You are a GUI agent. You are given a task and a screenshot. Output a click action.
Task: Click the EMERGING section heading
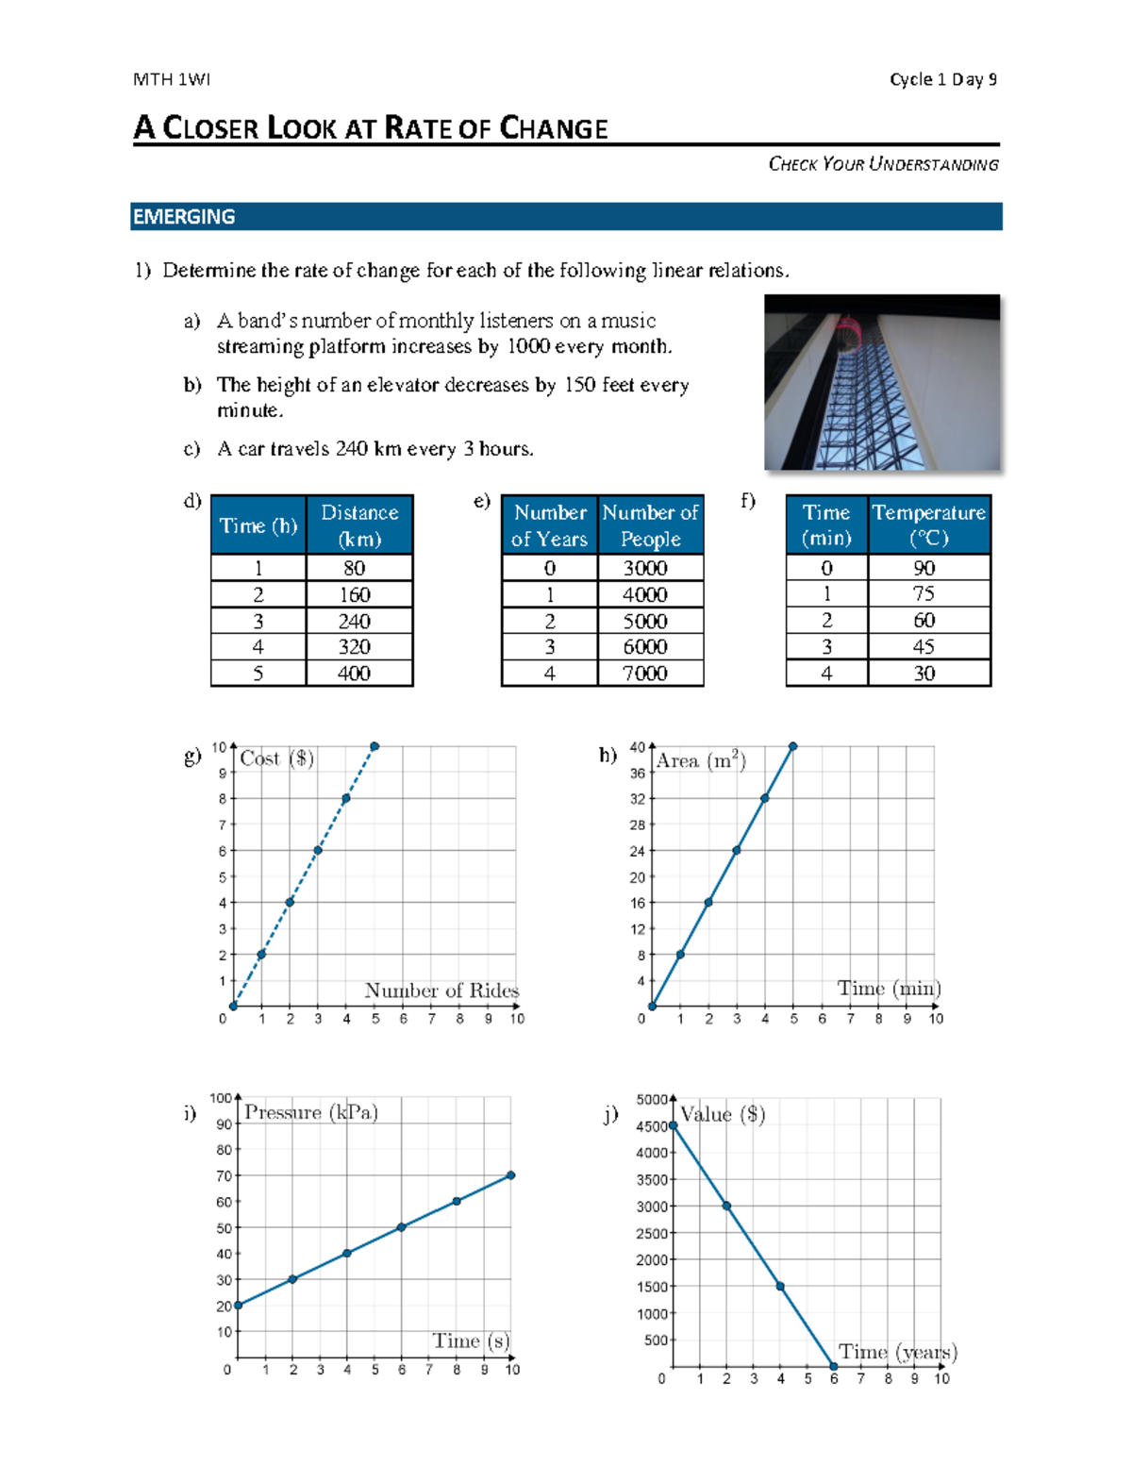(184, 217)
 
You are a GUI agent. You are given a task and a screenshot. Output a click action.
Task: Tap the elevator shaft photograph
(881, 382)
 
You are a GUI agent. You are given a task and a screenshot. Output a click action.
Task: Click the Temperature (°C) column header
(928, 524)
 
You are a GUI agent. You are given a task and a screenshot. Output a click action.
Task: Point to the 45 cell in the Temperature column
(924, 647)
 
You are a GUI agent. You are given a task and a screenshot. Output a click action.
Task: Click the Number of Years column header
(550, 524)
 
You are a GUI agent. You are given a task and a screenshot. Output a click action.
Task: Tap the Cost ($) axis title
(276, 758)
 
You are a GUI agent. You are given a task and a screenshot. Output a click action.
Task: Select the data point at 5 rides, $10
(375, 746)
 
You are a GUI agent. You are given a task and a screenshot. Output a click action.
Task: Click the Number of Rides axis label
(441, 991)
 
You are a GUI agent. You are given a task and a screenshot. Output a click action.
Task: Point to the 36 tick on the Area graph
(638, 774)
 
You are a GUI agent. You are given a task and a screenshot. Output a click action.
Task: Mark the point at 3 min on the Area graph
(737, 850)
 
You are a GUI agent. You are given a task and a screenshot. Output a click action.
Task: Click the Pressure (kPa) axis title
(311, 1112)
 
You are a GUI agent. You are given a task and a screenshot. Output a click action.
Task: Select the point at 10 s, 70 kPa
(510, 1175)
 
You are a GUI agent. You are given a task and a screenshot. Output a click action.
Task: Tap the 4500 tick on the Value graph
(651, 1126)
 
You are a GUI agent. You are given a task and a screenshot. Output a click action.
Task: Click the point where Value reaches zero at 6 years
(834, 1366)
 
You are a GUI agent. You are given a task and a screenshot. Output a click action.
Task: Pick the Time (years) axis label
(898, 1352)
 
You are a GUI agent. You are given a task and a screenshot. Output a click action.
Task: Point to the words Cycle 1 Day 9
(943, 79)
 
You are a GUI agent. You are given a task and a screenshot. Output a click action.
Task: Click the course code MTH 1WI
(172, 79)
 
